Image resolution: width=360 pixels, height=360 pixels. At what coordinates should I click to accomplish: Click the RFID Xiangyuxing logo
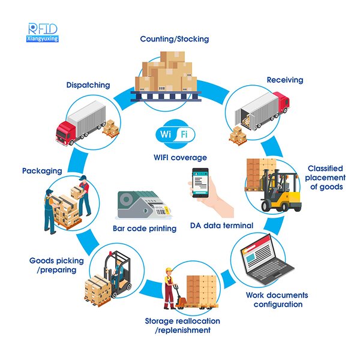pyautogui.click(x=43, y=32)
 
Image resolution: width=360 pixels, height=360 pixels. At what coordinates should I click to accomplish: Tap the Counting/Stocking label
pyautogui.click(x=175, y=39)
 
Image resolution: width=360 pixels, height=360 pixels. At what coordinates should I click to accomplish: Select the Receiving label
pyautogui.click(x=285, y=80)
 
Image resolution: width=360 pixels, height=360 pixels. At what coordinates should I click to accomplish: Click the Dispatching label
pyautogui.click(x=88, y=85)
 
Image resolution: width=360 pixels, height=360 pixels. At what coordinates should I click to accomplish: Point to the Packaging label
pyautogui.click(x=42, y=171)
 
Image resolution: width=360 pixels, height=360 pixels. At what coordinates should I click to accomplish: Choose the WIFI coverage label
pyautogui.click(x=180, y=158)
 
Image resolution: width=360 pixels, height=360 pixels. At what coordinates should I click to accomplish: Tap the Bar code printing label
pyautogui.click(x=145, y=229)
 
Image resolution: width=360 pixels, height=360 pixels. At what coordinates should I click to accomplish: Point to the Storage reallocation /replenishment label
pyautogui.click(x=178, y=326)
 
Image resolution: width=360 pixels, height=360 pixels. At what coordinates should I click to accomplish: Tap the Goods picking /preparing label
pyautogui.click(x=53, y=265)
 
